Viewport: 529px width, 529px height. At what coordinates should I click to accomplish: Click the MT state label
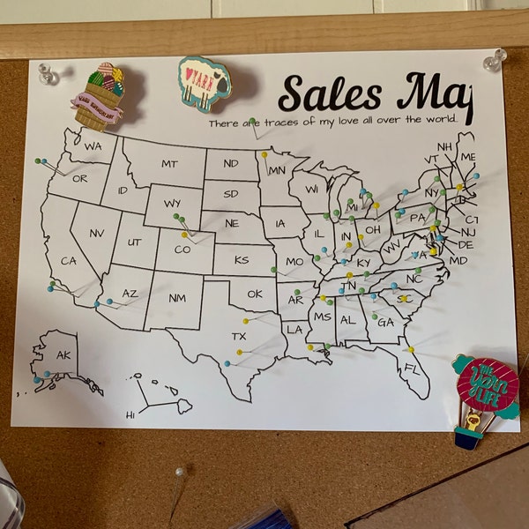(169, 164)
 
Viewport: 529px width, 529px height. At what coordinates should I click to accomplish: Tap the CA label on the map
(68, 261)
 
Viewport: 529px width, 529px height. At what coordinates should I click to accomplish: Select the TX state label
(239, 336)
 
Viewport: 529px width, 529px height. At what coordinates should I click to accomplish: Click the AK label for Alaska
(63, 355)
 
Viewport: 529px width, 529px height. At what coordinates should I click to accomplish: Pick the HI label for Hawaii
(130, 414)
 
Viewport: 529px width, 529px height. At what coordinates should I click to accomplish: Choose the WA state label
(93, 145)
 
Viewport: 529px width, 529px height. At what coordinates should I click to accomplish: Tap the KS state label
(242, 260)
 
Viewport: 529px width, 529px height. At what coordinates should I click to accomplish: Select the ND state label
(230, 164)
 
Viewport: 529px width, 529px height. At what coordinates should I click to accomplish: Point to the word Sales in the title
(330, 94)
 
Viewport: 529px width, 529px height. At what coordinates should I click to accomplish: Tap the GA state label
(385, 323)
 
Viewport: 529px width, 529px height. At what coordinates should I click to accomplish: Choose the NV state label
(97, 233)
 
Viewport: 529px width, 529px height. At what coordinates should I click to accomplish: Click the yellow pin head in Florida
(411, 349)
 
